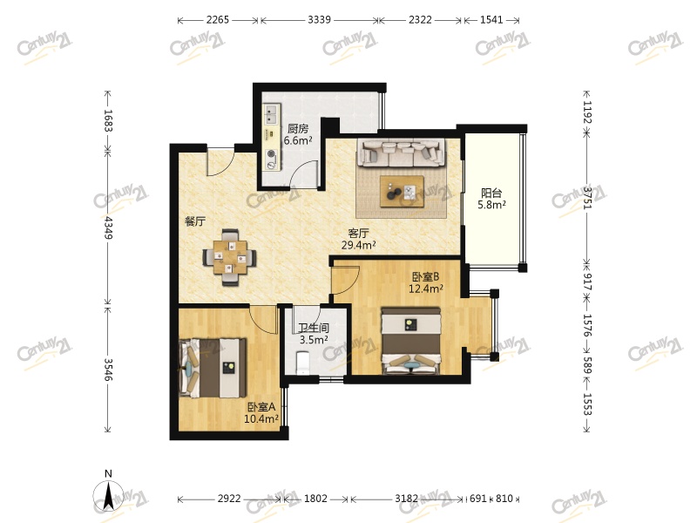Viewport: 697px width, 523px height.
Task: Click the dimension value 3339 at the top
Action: pyautogui.click(x=319, y=20)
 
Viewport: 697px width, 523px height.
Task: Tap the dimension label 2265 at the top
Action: pyautogui.click(x=218, y=20)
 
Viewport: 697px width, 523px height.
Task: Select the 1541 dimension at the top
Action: pyautogui.click(x=491, y=20)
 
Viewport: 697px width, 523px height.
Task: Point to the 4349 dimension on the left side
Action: pyautogui.click(x=108, y=228)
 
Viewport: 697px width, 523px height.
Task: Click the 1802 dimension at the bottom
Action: pyautogui.click(x=315, y=499)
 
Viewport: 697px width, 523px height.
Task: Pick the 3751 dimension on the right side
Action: pyautogui.click(x=587, y=198)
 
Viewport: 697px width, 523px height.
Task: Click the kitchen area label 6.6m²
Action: pyautogui.click(x=298, y=141)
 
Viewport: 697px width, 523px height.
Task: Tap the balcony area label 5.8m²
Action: pyautogui.click(x=491, y=205)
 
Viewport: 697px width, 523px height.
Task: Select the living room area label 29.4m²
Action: pyautogui.click(x=359, y=245)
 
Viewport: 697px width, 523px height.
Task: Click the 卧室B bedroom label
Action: pyautogui.click(x=426, y=276)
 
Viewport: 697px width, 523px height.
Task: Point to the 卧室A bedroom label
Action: pyautogui.click(x=261, y=406)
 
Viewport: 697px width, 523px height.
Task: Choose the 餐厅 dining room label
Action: pyautogui.click(x=195, y=221)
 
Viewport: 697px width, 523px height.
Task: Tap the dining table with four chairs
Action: pyautogui.click(x=229, y=257)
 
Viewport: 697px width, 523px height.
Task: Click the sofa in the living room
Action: pyautogui.click(x=402, y=153)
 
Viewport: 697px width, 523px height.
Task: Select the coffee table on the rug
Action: pyautogui.click(x=402, y=192)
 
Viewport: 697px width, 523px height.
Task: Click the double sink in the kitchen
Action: pyautogui.click(x=271, y=114)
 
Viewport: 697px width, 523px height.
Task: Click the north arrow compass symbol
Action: pyautogui.click(x=108, y=494)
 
